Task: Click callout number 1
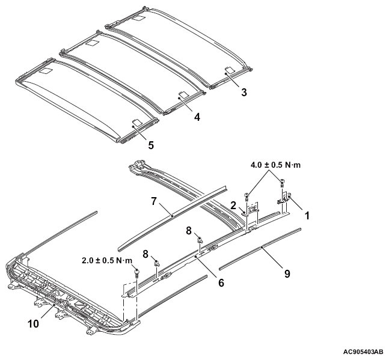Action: [x=307, y=215]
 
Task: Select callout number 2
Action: [x=233, y=206]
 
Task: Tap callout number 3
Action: [x=244, y=92]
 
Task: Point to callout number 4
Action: [x=197, y=117]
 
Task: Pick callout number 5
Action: [x=151, y=145]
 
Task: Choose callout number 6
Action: [x=221, y=282]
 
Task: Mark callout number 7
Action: [x=154, y=201]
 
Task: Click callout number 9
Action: [x=287, y=273]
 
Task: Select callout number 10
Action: [x=34, y=324]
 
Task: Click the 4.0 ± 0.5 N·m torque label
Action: [x=275, y=165]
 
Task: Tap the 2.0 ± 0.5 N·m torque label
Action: [x=107, y=261]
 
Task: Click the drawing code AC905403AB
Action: [x=363, y=352]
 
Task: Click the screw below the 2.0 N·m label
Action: [x=136, y=272]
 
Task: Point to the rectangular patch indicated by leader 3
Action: [x=230, y=70]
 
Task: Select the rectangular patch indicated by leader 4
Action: [x=184, y=94]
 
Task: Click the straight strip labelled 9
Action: [x=260, y=249]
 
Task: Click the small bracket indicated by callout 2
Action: [x=246, y=214]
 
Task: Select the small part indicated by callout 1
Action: [x=283, y=199]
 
